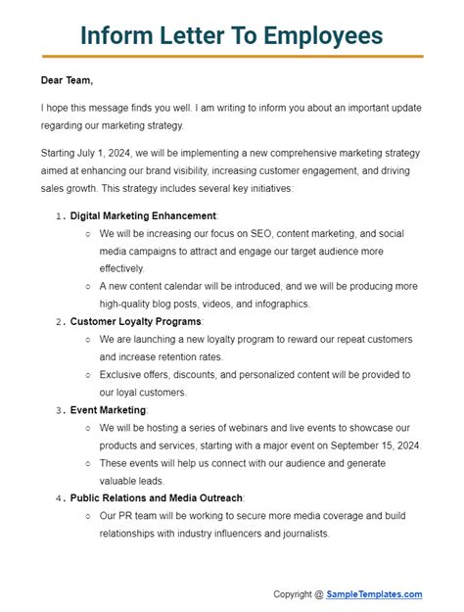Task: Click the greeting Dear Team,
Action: tap(68, 81)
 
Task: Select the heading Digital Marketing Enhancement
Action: tap(143, 215)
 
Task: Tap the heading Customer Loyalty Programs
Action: tap(136, 321)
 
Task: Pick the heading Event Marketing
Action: tap(108, 409)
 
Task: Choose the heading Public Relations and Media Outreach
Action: tap(157, 497)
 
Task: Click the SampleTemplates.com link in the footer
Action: tap(375, 594)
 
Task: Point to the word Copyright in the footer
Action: tap(292, 594)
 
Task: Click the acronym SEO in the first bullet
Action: tap(266, 233)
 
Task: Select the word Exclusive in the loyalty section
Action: tap(123, 374)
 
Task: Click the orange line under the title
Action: tap(232, 57)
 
